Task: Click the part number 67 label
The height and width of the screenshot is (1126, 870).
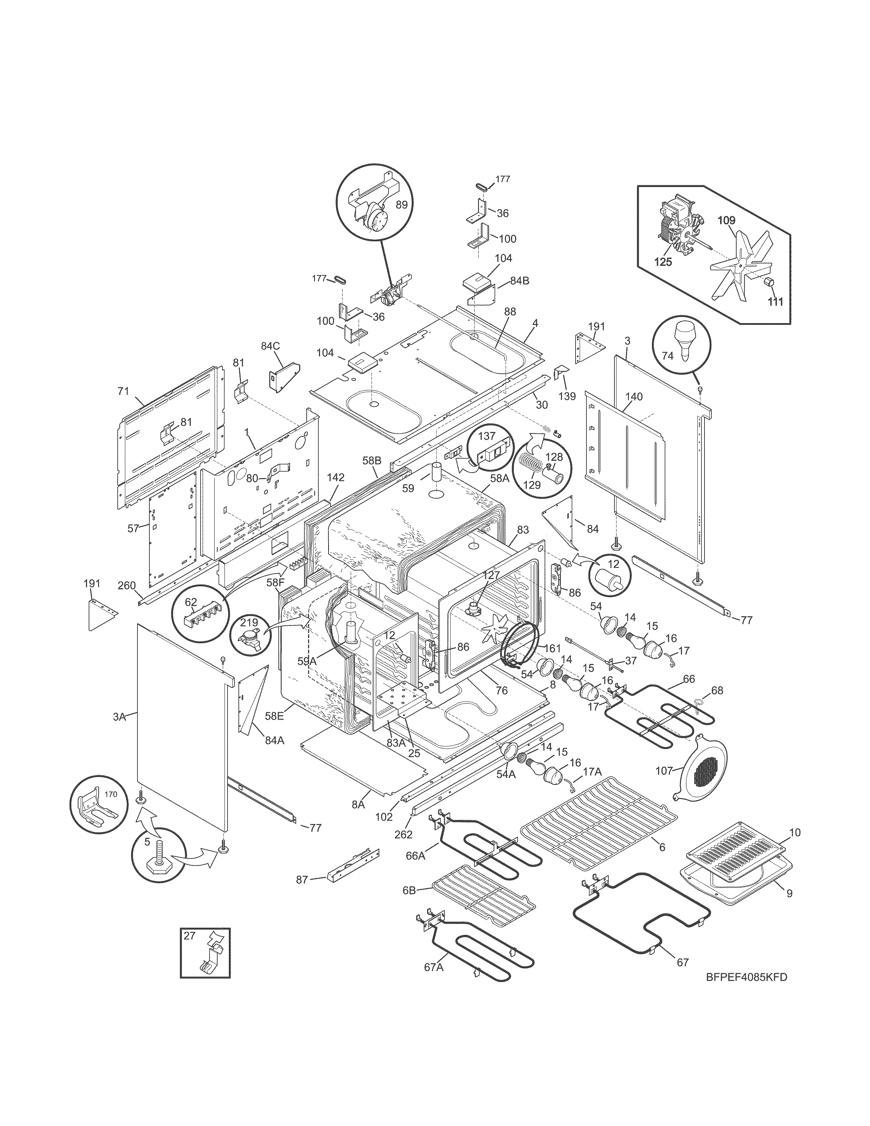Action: pyautogui.click(x=683, y=963)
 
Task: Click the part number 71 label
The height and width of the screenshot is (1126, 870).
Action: pyautogui.click(x=123, y=391)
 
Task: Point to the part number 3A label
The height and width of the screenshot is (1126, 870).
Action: pyautogui.click(x=119, y=717)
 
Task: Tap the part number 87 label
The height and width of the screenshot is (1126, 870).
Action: pyautogui.click(x=302, y=880)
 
